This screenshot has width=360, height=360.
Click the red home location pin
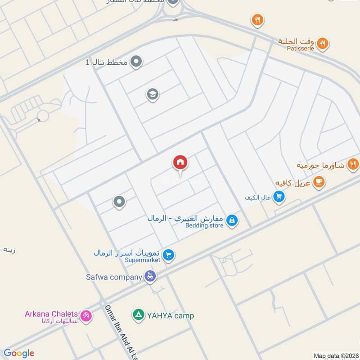[180, 162]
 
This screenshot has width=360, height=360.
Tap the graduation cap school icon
[153, 94]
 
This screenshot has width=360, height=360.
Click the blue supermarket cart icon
[168, 255]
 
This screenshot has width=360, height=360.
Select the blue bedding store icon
[232, 220]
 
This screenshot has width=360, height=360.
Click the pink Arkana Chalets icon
[86, 315]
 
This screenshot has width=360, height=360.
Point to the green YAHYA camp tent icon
[139, 315]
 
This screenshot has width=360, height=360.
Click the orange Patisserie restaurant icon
[322, 44]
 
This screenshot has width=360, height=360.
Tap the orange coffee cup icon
[319, 182]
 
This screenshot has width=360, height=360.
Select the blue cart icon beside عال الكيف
[279, 197]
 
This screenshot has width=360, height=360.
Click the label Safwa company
[114, 277]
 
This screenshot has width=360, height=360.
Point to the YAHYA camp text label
[171, 315]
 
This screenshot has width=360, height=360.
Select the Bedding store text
[204, 225]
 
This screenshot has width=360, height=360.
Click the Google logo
[18, 353]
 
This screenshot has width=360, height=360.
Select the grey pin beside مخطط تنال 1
[136, 62]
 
